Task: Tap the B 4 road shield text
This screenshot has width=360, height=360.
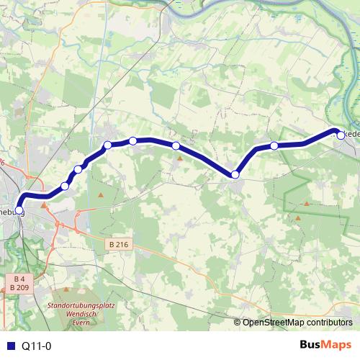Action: [19, 278]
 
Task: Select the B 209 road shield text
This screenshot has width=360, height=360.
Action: [19, 287]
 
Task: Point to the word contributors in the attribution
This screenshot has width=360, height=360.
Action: [330, 323]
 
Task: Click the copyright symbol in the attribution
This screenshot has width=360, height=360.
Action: [238, 323]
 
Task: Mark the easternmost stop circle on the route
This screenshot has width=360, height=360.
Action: [338, 132]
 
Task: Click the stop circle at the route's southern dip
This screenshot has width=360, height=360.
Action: [235, 174]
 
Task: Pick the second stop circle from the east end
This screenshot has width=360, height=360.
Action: [274, 146]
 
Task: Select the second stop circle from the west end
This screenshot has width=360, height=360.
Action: [65, 186]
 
